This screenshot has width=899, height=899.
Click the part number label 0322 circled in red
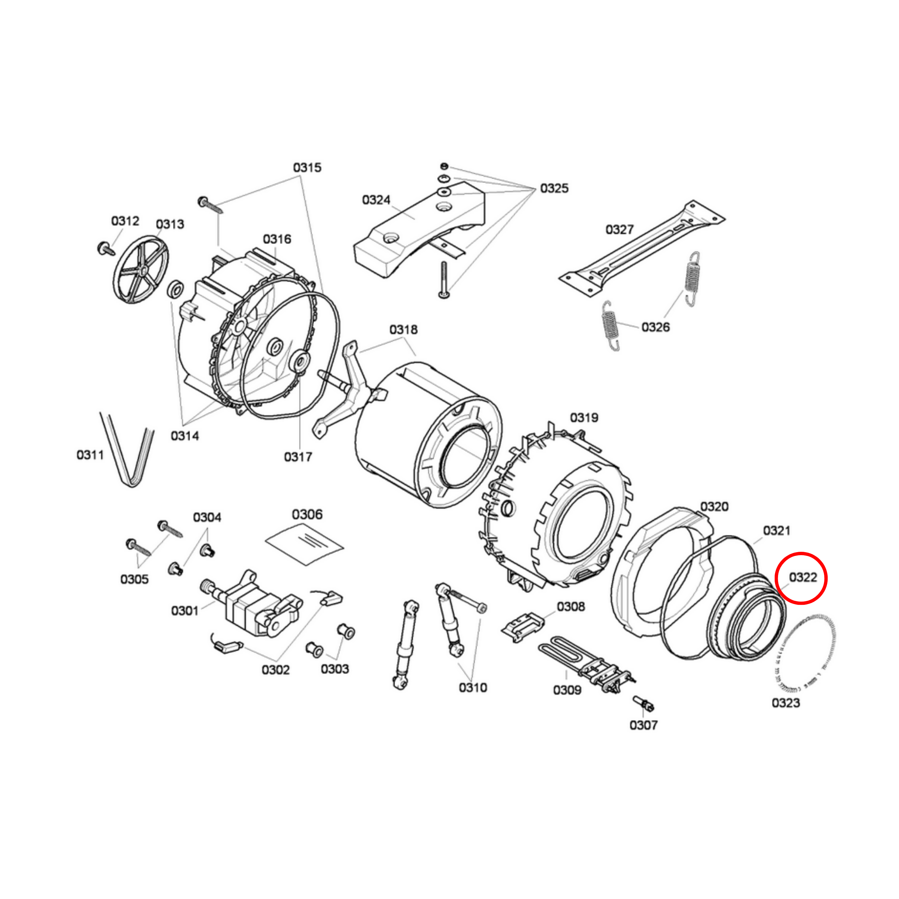803,578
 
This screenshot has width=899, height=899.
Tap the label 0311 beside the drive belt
90,455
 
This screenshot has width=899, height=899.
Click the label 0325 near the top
554,189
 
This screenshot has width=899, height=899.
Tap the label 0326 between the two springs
655,327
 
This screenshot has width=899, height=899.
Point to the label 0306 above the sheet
307,514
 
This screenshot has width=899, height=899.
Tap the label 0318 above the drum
404,330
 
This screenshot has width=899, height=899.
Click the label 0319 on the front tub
584,417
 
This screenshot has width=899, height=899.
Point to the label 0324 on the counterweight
376,200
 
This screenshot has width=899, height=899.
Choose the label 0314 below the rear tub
185,436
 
